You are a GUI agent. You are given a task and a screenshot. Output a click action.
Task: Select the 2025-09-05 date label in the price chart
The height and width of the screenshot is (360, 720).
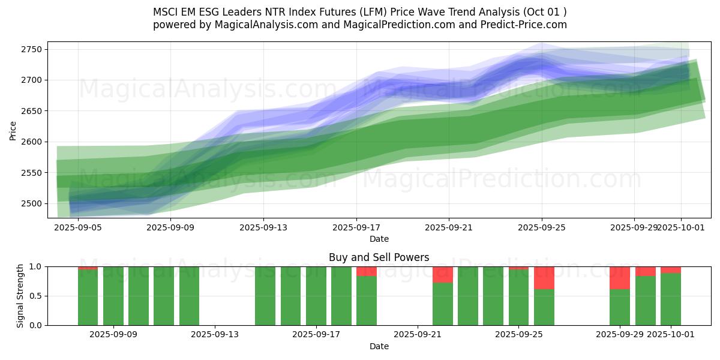(x=77, y=228)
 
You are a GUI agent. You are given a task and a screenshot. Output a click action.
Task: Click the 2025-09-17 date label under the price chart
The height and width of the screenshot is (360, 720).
(x=356, y=228)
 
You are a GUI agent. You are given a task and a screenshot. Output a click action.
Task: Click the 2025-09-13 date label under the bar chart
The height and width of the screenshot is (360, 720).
(x=215, y=335)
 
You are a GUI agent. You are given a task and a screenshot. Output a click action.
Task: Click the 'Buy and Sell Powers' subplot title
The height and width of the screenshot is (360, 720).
(x=379, y=257)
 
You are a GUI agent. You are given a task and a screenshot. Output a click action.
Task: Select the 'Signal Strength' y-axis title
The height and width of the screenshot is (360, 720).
(x=20, y=295)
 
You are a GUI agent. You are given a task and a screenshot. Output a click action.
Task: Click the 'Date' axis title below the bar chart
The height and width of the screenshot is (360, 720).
(x=379, y=346)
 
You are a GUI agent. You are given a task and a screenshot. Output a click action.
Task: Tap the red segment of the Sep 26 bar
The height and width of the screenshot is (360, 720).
(x=544, y=278)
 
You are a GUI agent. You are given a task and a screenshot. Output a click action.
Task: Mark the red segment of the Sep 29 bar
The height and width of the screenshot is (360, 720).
(x=620, y=278)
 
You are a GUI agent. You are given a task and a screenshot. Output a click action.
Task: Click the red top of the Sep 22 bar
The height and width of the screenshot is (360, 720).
(x=443, y=275)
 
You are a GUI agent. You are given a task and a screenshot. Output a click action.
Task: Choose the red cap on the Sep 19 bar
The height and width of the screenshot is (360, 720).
(x=367, y=271)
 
